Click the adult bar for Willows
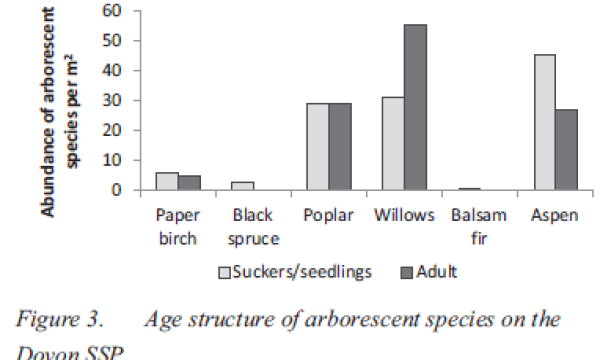pyautogui.click(x=415, y=107)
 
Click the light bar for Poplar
pyautogui.click(x=318, y=146)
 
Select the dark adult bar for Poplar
pyautogui.click(x=341, y=146)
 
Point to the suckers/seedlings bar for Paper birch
pyautogui.click(x=167, y=180)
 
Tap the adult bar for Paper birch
pyautogui.click(x=190, y=182)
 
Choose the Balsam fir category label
pyautogui.click(x=472, y=225)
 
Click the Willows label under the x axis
pyautogui.click(x=403, y=216)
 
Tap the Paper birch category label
pyautogui.click(x=179, y=225)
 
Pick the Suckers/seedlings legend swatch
pyautogui.click(x=224, y=271)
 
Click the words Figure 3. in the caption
pyautogui.click(x=60, y=321)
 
